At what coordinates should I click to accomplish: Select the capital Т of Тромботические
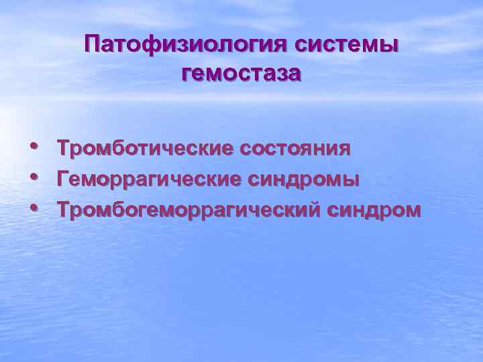point(63,147)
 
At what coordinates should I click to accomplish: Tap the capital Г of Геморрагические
point(63,179)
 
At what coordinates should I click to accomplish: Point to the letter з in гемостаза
point(282,73)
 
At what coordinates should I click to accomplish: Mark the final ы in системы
point(388,46)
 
